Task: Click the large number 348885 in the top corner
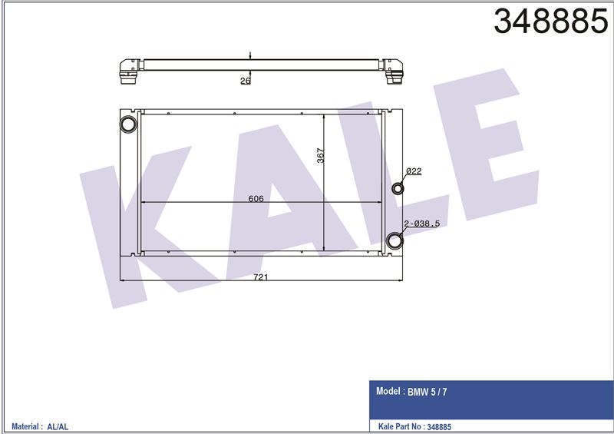coord(551,22)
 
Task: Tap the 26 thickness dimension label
coord(245,81)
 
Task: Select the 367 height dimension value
coord(320,155)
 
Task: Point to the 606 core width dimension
coord(256,199)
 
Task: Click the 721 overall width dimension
coord(260,277)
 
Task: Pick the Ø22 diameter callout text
coord(414,171)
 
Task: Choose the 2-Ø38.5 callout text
coord(421,224)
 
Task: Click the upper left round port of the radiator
coord(128,124)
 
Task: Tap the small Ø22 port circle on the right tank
coord(398,188)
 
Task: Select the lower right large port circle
coord(394,240)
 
